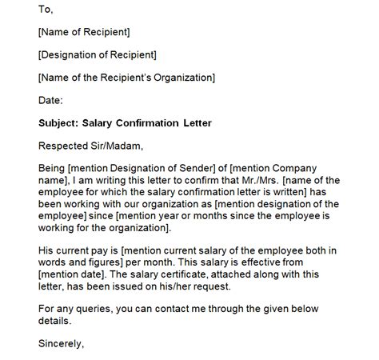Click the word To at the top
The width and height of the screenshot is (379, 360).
(x=46, y=10)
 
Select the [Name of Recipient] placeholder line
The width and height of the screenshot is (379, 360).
(x=84, y=32)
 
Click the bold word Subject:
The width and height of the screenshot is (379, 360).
(x=61, y=123)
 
